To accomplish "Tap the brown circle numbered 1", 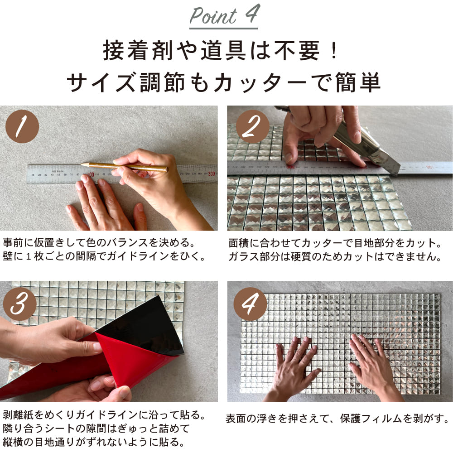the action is tap(22, 126).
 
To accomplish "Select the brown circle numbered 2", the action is tap(252, 126).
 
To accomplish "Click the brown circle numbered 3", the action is tap(19, 304).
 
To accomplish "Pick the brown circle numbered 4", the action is tap(250, 304).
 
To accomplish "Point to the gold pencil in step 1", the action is tap(124, 167).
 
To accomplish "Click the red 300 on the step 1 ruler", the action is tap(212, 173).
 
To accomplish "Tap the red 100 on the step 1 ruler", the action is tap(91, 174).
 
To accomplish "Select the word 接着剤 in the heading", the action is tap(139, 51).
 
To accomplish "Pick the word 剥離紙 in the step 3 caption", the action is tap(19, 415).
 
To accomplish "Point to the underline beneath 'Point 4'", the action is tap(223, 28).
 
